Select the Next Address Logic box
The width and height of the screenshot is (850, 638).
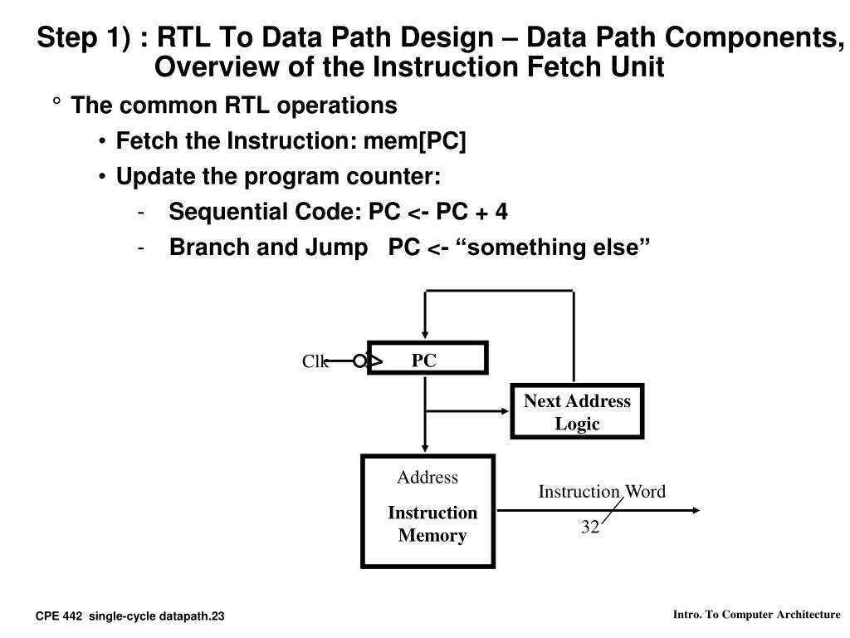click(x=577, y=412)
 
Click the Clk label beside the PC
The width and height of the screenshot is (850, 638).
click(x=314, y=361)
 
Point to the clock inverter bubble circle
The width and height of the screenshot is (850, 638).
click(x=359, y=361)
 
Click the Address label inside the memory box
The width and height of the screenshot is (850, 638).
click(x=427, y=477)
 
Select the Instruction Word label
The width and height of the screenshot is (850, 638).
click(x=602, y=491)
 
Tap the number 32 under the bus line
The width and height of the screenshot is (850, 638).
click(x=590, y=527)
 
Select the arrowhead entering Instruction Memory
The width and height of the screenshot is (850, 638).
click(x=425, y=449)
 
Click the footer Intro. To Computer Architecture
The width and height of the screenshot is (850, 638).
click(x=756, y=615)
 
